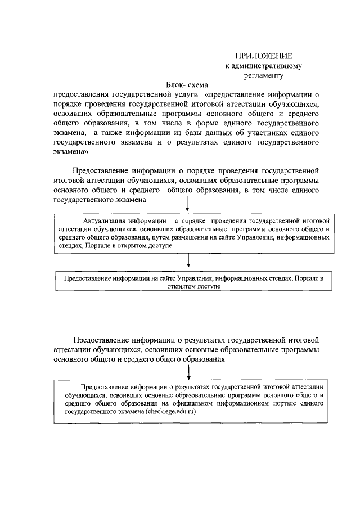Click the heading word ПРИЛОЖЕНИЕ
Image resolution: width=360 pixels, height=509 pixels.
(263, 56)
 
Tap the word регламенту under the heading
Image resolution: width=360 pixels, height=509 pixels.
(264, 75)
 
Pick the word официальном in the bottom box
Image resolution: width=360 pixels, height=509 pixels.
(195, 403)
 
